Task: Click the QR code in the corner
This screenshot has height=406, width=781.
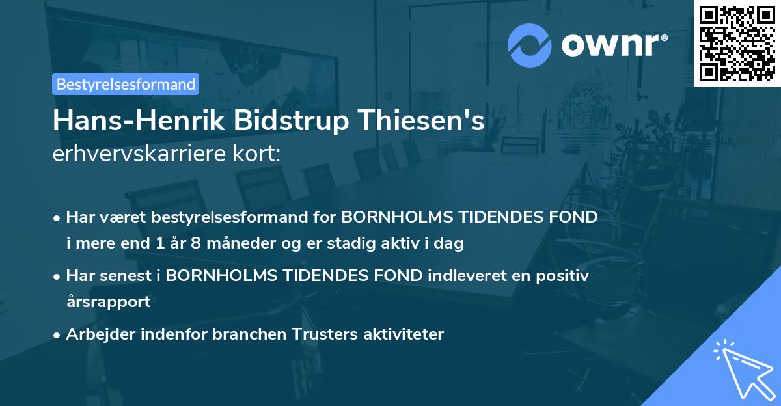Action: tap(737, 43)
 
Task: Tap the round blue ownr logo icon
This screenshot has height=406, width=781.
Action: tap(529, 46)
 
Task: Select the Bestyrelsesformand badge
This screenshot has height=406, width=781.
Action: tap(126, 84)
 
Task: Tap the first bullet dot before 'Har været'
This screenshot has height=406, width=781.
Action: tap(58, 218)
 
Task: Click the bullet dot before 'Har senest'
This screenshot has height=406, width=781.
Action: tap(58, 277)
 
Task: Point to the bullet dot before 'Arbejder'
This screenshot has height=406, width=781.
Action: tap(58, 335)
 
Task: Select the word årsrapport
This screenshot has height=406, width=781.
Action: tap(108, 302)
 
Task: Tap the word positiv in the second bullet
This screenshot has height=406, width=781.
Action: tap(564, 276)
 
